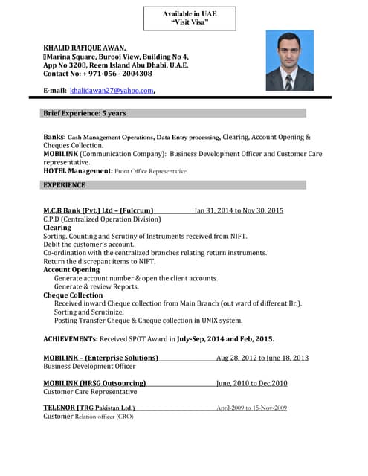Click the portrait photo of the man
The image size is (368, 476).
289,60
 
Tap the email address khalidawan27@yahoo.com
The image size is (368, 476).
112,91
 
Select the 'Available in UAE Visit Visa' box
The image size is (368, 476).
184,18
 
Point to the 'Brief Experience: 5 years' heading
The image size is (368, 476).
84,113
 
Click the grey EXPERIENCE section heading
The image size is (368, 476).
64,184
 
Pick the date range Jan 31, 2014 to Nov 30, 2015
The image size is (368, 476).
239,210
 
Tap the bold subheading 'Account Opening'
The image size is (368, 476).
71,270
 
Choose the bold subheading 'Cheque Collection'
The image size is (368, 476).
73,295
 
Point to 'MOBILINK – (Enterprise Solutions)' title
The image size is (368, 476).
101,358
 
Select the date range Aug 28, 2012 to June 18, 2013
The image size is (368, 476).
262,358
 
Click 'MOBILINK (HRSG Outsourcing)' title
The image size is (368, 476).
94,383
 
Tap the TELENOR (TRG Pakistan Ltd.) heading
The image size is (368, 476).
89,408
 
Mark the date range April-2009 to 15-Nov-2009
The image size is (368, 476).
251,408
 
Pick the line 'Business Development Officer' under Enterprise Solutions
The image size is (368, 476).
89,367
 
